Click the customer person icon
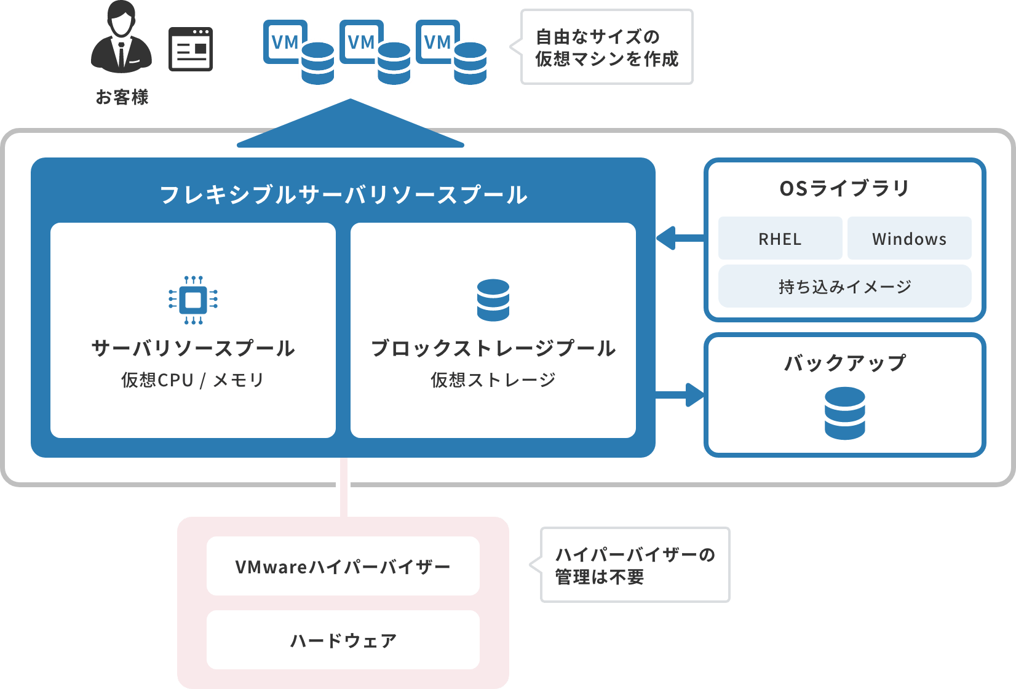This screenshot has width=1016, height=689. click(x=121, y=38)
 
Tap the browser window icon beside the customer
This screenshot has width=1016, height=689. click(x=191, y=49)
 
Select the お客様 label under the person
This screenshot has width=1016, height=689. click(x=122, y=97)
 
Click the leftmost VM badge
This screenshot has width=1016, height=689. click(x=284, y=42)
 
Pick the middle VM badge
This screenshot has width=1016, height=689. click(x=360, y=42)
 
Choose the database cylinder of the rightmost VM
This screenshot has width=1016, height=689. click(x=470, y=63)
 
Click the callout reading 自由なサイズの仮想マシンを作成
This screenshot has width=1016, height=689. click(x=606, y=47)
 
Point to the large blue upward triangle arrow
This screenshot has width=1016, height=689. click(x=350, y=126)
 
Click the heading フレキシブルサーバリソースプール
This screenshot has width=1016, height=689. click(x=343, y=194)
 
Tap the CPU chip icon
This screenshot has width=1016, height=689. click(x=193, y=300)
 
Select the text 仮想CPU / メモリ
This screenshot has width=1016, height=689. click(x=192, y=380)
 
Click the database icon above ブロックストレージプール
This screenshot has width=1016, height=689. click(x=493, y=300)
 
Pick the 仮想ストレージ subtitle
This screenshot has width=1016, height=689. click(x=493, y=380)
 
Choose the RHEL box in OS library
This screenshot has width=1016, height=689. click(x=780, y=239)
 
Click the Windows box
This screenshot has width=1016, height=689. click(x=909, y=239)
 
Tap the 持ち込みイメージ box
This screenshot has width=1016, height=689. click(x=844, y=287)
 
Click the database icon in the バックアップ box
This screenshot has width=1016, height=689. click(x=844, y=413)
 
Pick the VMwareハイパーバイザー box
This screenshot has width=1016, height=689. click(x=343, y=566)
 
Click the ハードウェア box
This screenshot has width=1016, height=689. click(x=343, y=640)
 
